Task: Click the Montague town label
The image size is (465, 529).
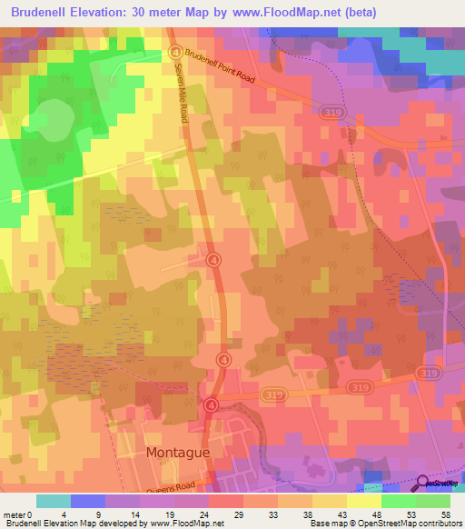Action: coord(178,451)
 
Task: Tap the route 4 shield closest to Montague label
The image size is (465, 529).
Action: coord(212,404)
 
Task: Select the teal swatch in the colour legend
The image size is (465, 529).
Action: coord(53,501)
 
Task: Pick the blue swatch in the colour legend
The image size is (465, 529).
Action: coord(88,501)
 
